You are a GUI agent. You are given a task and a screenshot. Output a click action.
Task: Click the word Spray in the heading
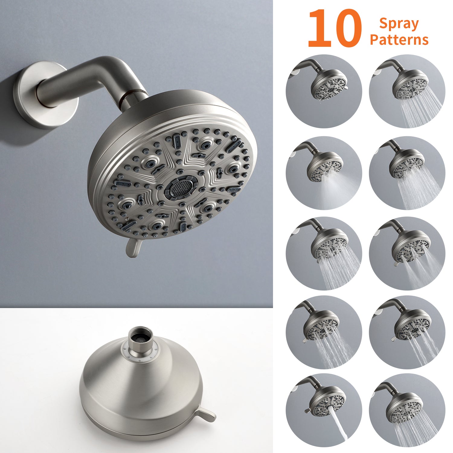tap(399, 24)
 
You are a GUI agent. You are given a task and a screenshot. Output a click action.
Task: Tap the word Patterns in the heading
tap(399, 40)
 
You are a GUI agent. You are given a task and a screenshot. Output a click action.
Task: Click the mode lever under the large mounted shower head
tap(133, 247)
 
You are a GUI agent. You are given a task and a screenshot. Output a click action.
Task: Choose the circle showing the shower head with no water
tap(324, 91)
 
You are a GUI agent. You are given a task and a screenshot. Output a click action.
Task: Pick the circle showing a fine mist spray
tap(324, 173)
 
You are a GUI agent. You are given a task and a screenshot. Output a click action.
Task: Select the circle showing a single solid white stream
tap(324, 411)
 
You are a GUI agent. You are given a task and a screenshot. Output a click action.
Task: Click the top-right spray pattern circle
tap(407, 91)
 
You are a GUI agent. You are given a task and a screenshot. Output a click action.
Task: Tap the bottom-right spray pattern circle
tap(407, 411)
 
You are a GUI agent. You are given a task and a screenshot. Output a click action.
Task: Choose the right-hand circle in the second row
tap(407, 173)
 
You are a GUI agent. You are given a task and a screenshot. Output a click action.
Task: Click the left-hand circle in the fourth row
tap(324, 332)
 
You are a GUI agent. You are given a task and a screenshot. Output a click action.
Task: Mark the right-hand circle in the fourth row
tap(407, 332)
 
